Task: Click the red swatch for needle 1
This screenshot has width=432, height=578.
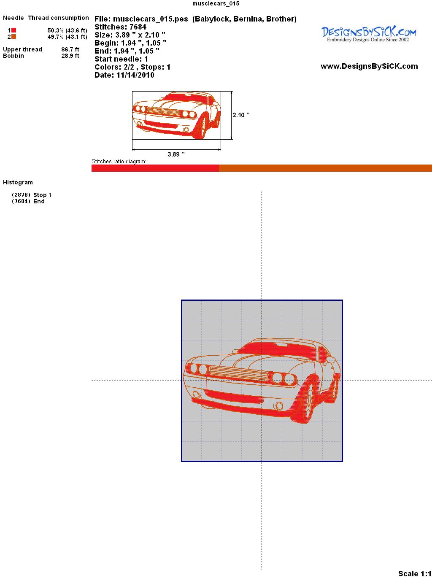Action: pyautogui.click(x=13, y=30)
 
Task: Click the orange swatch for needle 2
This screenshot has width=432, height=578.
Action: pyautogui.click(x=13, y=37)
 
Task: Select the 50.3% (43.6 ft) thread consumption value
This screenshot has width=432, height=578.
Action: pyautogui.click(x=67, y=30)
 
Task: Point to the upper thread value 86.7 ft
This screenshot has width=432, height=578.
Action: pyautogui.click(x=70, y=49)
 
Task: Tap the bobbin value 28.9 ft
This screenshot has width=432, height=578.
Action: pyautogui.click(x=70, y=56)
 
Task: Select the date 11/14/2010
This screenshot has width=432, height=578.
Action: pyautogui.click(x=135, y=75)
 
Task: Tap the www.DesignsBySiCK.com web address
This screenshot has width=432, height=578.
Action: pyautogui.click(x=369, y=66)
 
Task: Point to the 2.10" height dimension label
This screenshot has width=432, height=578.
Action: pyautogui.click(x=241, y=115)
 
